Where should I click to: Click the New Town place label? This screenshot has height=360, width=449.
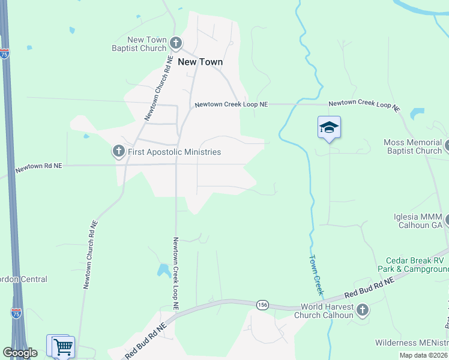pyautogui.click(x=200, y=62)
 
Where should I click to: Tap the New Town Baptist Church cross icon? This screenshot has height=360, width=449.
pyautogui.click(x=176, y=43)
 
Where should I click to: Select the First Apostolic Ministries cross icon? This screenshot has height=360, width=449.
pyautogui.click(x=119, y=152)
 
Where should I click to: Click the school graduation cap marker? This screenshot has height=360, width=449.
pyautogui.click(x=329, y=127)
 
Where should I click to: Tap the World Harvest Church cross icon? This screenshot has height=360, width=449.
pyautogui.click(x=362, y=310)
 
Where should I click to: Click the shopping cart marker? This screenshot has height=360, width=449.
pyautogui.click(x=63, y=346)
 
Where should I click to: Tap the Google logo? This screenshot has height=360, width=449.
pyautogui.click(x=20, y=353)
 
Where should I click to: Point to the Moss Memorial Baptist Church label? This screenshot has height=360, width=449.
pyautogui.click(x=412, y=147)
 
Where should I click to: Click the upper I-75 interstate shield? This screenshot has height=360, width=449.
pyautogui.click(x=4, y=54)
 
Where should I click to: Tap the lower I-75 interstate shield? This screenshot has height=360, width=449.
pyautogui.click(x=17, y=313)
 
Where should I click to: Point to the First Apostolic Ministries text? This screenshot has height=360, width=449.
pyautogui.click(x=175, y=152)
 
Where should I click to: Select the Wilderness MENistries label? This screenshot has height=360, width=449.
pyautogui.click(x=412, y=343)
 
